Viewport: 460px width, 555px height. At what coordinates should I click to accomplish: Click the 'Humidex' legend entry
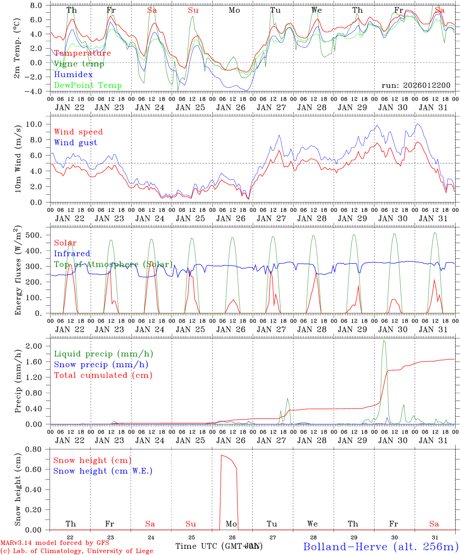[73, 75]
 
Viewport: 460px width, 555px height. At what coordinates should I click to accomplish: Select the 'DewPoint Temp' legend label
[88, 86]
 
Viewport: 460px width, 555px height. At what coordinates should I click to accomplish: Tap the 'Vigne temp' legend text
[79, 64]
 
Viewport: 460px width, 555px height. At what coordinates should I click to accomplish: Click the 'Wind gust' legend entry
[76, 143]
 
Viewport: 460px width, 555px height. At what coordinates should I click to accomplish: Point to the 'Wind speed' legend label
[79, 132]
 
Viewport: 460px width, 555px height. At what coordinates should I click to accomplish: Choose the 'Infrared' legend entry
[72, 254]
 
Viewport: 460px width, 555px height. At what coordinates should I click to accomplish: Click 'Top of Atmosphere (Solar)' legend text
[113, 264]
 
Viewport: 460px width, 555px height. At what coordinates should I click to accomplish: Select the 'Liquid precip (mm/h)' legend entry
[104, 354]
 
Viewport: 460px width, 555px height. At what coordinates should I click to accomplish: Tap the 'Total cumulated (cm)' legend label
[103, 375]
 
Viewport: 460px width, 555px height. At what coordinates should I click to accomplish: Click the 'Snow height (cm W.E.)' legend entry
[103, 471]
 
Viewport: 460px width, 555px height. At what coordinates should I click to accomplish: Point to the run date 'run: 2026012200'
[416, 86]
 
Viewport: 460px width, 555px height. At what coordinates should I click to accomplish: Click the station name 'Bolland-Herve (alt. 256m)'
[381, 547]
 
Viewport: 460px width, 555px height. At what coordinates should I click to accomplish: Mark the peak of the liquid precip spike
[383, 341]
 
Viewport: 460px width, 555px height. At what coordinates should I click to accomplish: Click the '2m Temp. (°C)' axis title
[17, 48]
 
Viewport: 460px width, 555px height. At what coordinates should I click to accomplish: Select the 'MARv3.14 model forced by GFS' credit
[55, 543]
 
